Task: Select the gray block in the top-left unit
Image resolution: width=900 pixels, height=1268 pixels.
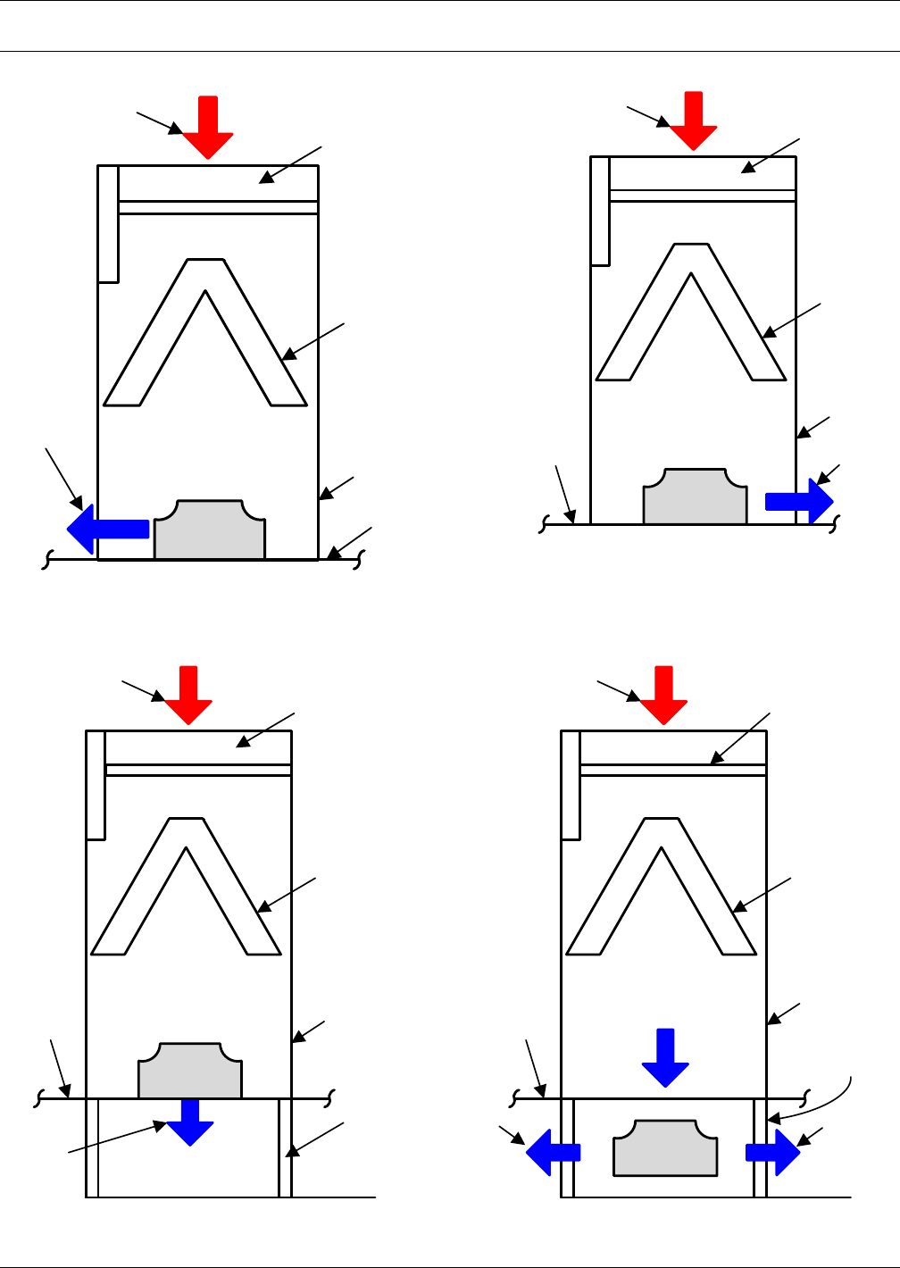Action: [x=210, y=532]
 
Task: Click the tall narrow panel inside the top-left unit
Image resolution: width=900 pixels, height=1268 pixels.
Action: [x=108, y=223]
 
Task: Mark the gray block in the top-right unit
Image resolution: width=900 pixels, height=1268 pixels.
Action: [x=696, y=497]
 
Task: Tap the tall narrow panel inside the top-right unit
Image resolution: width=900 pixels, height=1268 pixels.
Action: [x=600, y=211]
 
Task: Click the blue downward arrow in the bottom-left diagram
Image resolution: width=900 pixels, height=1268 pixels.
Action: [x=190, y=1122]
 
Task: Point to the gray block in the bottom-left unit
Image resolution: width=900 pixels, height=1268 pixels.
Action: [x=189, y=1072]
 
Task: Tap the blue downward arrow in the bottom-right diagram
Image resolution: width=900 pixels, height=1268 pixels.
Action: [x=665, y=1057]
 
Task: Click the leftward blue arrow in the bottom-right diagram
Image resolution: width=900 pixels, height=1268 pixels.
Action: [x=552, y=1153]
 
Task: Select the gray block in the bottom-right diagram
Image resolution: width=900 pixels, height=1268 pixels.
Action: [x=665, y=1148]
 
